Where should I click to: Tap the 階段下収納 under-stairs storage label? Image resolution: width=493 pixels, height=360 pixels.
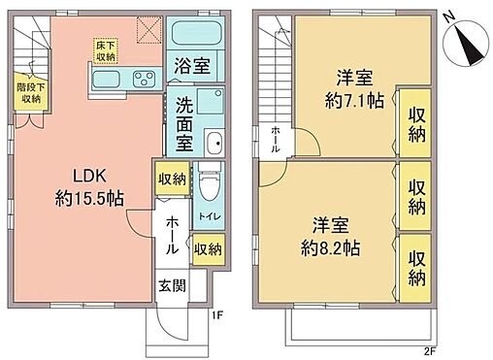[x=29, y=92]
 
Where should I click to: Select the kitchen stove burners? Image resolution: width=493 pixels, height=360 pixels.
[x=138, y=79]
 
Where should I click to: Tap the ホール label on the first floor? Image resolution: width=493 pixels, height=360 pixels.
[x=173, y=236]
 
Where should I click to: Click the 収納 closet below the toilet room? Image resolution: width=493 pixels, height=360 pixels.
[x=208, y=247]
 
